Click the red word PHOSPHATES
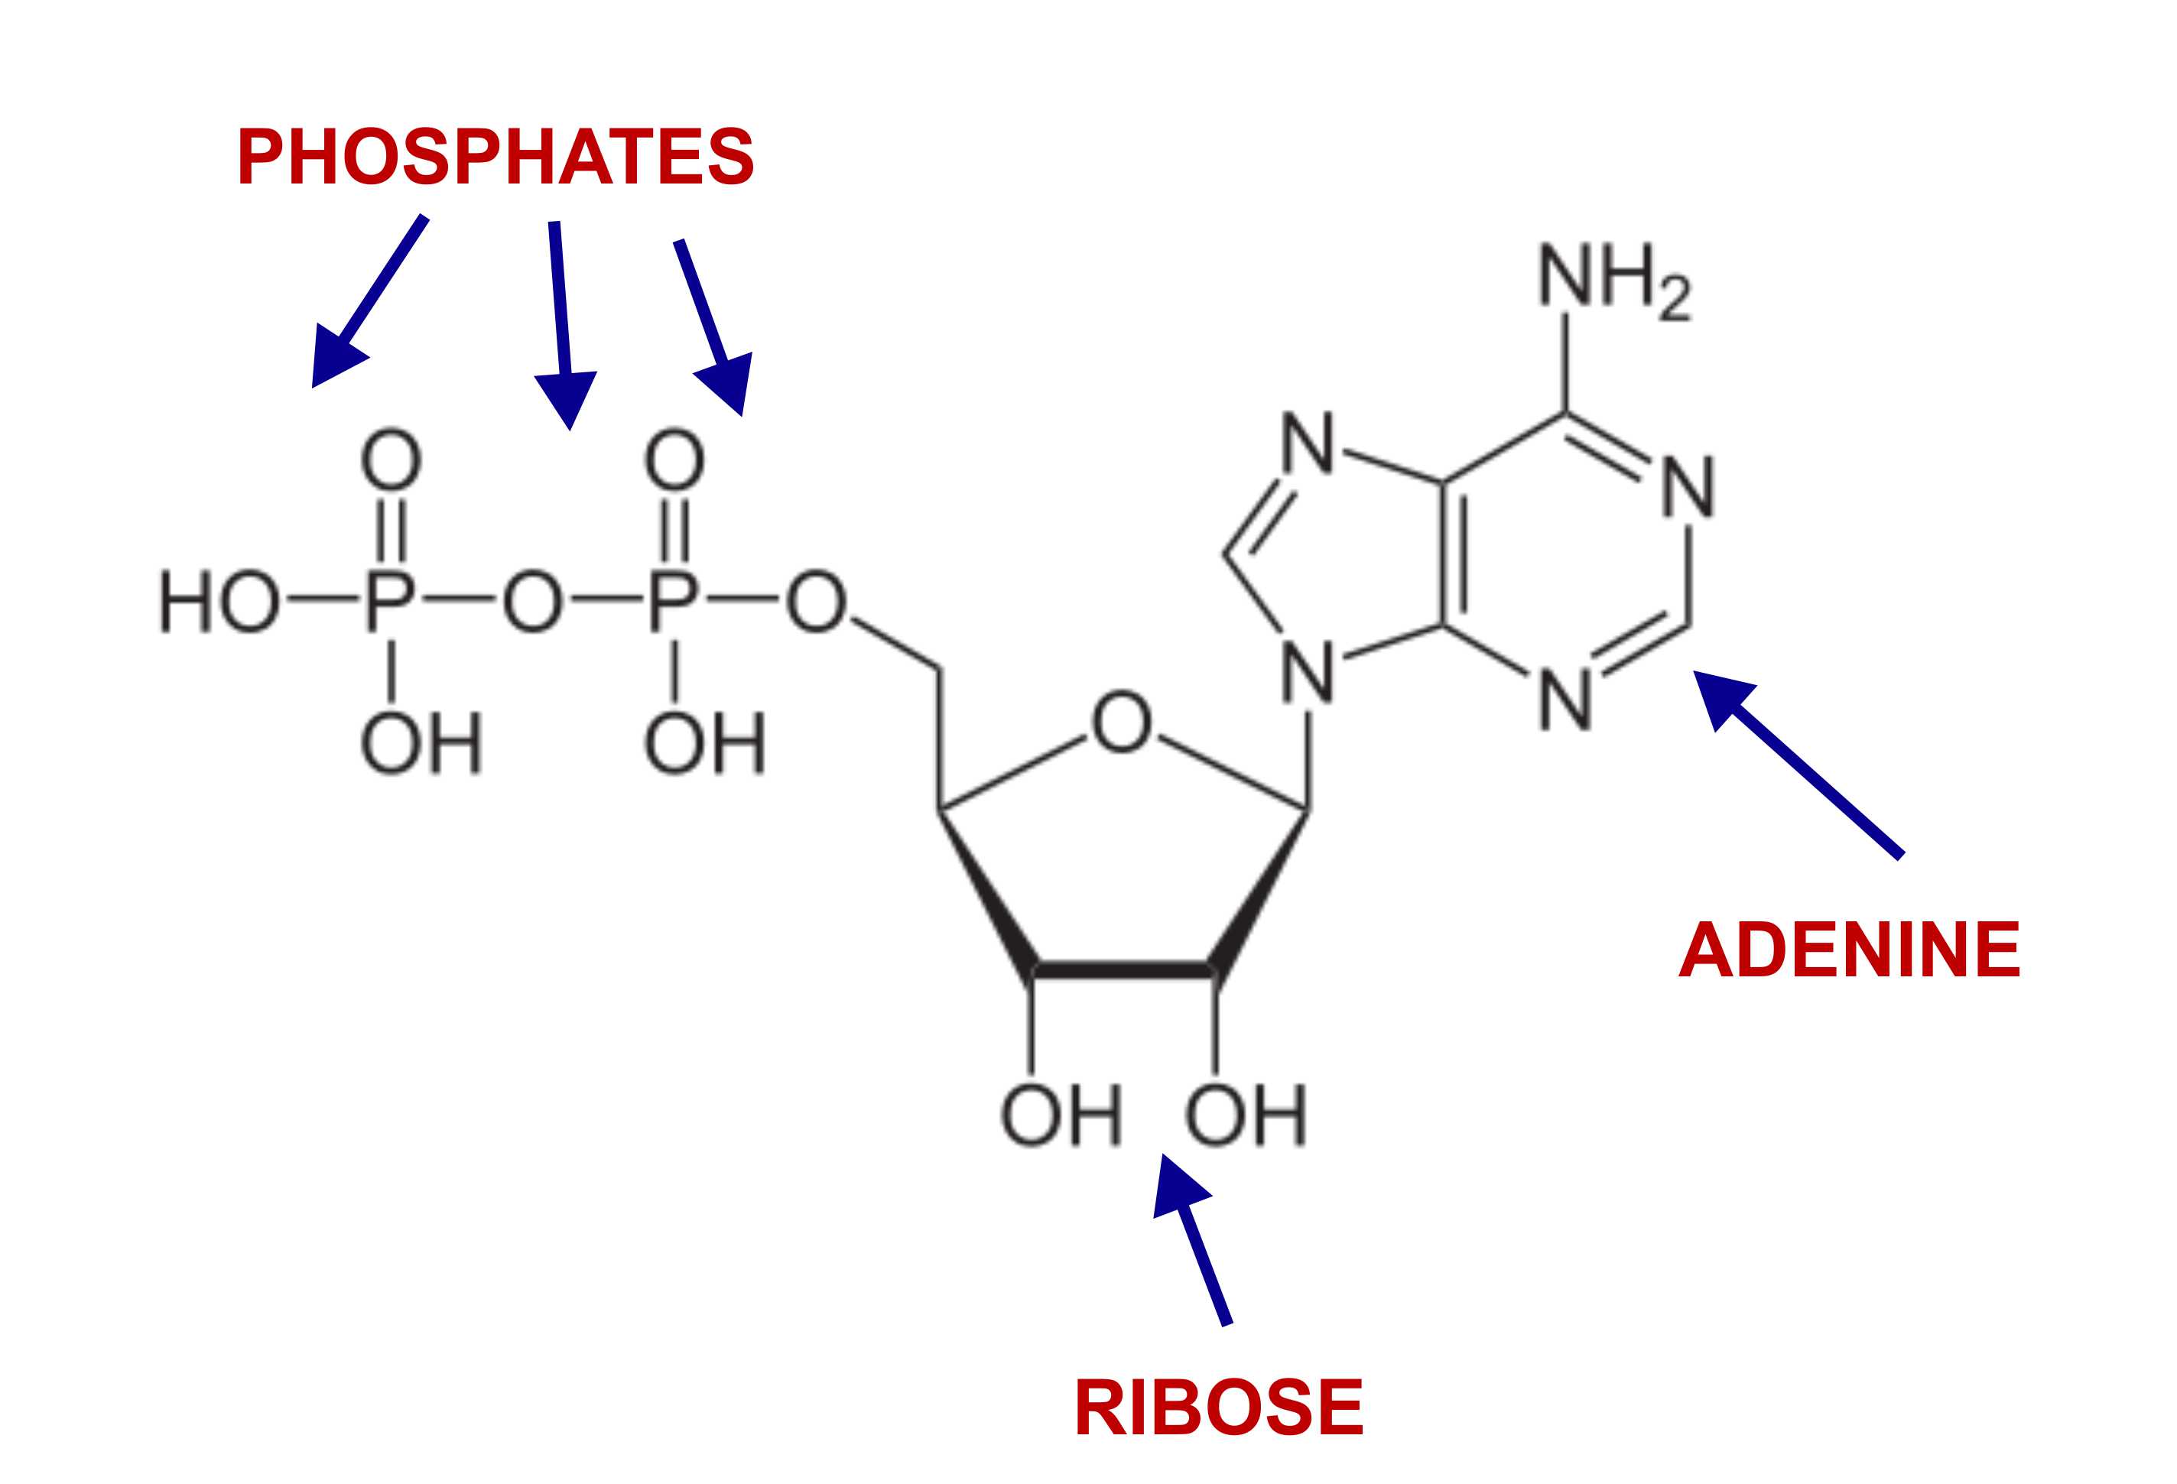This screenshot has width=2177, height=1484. coord(496,157)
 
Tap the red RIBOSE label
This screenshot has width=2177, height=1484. coord(1218,1408)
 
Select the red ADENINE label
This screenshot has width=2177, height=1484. coord(1849,950)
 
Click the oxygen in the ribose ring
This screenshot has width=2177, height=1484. coord(1121,723)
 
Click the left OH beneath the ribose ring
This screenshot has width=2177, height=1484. coord(1061,1115)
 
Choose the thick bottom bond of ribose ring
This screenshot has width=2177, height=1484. coord(1123,969)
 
